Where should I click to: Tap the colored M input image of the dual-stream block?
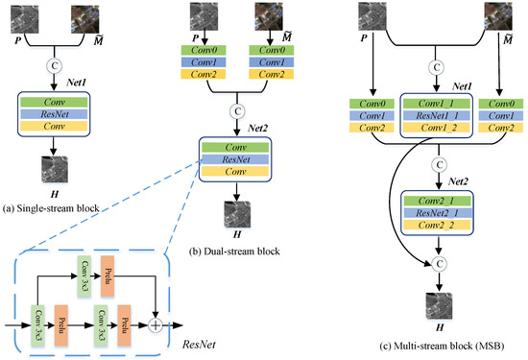[276, 17]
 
